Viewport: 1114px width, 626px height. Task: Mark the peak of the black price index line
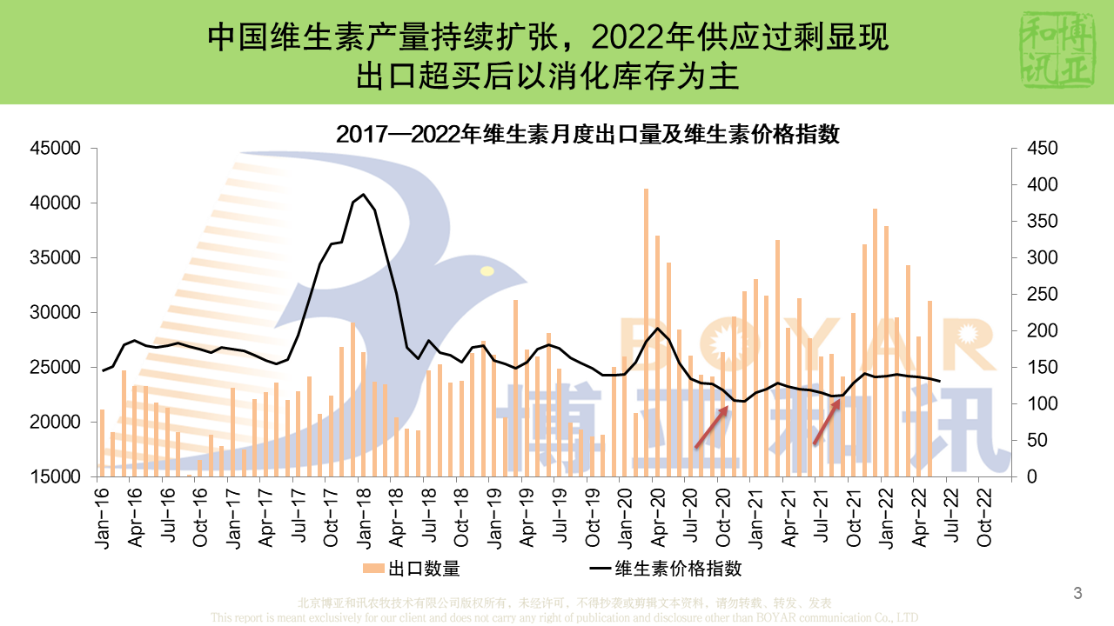pyautogui.click(x=364, y=195)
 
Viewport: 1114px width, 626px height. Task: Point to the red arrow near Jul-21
pyautogui.click(x=827, y=423)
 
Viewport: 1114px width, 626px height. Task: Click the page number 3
pyautogui.click(x=1077, y=594)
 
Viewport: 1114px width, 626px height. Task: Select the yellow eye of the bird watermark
pyautogui.click(x=487, y=271)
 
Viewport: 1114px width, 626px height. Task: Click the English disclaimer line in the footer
pyautogui.click(x=564, y=617)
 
